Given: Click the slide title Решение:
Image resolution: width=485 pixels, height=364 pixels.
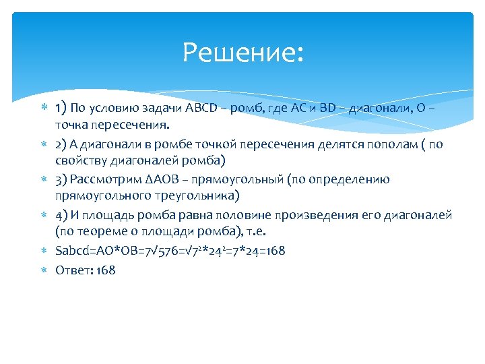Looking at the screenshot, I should [x=243, y=53].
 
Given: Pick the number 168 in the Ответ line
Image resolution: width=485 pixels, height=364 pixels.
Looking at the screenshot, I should [x=106, y=270].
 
